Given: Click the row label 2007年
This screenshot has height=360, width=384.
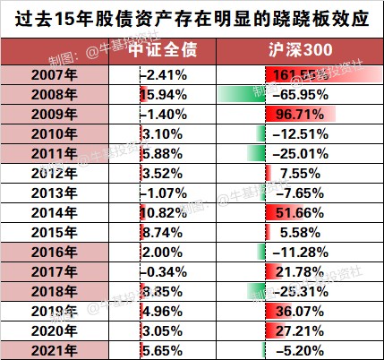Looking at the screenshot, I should click(x=55, y=73).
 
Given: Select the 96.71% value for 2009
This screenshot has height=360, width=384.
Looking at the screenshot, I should click(x=301, y=113).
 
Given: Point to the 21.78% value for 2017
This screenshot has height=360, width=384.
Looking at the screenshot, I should click(x=301, y=271).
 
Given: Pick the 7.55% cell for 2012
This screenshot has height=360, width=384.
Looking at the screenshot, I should click(x=301, y=173).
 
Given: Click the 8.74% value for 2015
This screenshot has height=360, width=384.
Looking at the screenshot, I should click(x=162, y=232).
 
